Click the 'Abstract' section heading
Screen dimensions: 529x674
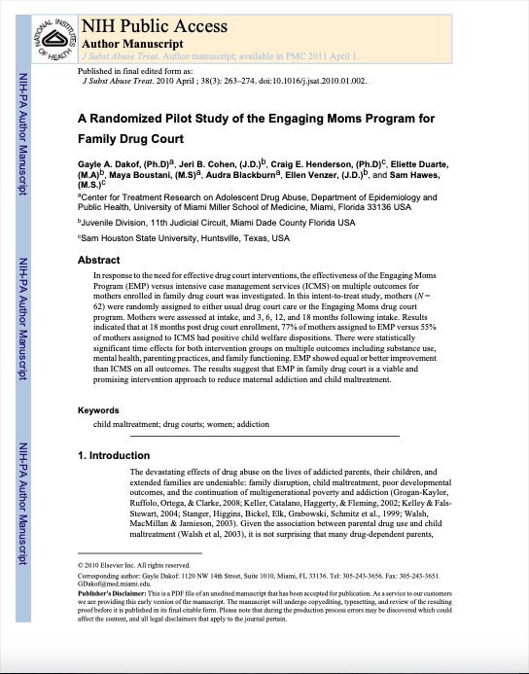coord(98,261)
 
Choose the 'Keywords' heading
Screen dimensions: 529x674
coord(98,438)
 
